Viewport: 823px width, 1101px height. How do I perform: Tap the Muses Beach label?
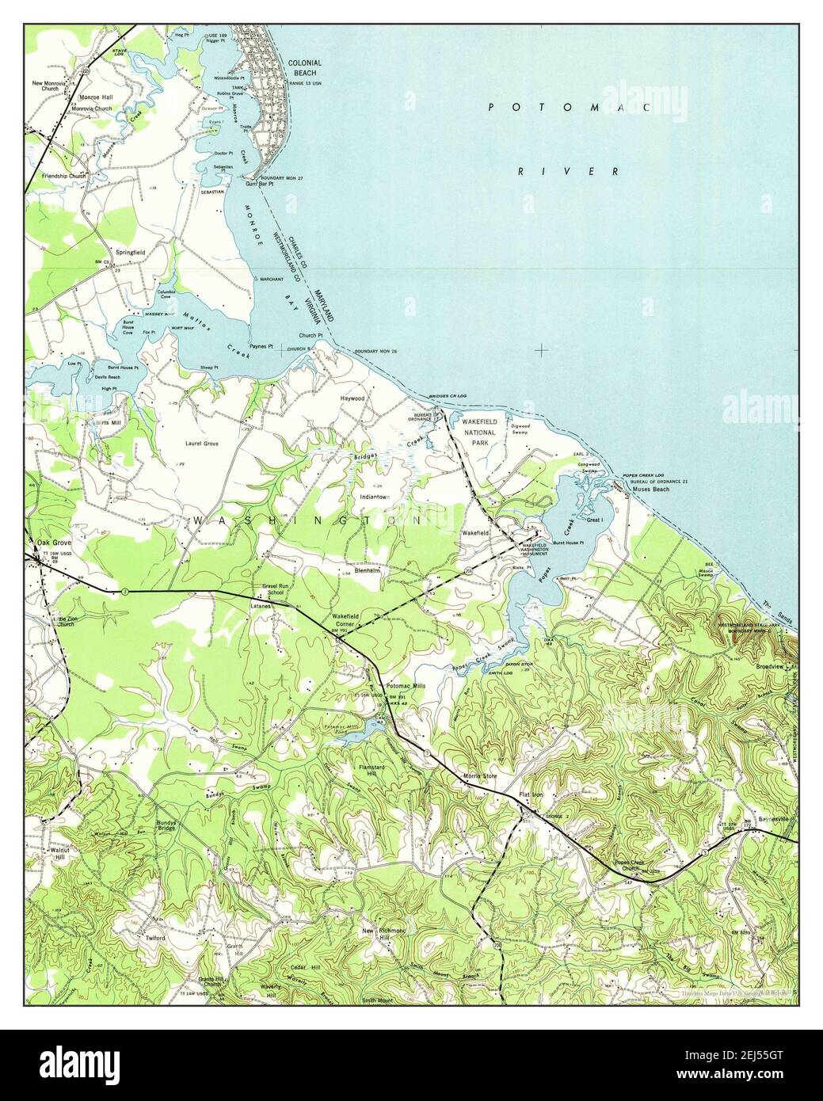tap(651, 490)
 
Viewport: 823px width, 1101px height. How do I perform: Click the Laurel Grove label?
tap(200, 444)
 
